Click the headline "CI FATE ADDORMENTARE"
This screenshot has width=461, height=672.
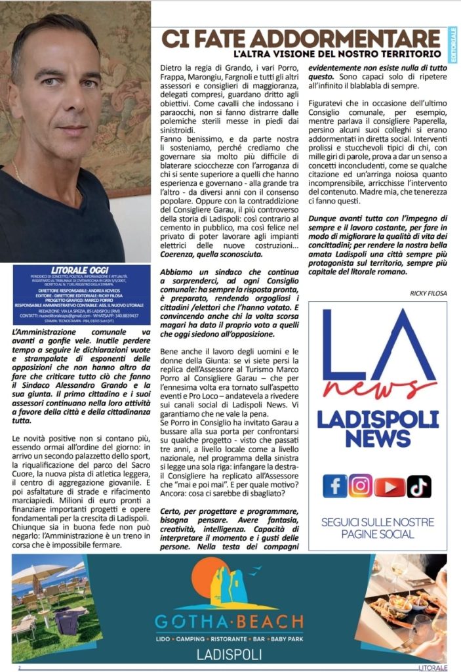pyautogui.click(x=301, y=37)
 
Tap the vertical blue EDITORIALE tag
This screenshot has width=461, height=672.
pyautogui.click(x=453, y=45)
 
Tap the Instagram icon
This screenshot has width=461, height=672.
pyautogui.click(x=361, y=486)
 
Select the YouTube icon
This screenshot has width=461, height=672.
pyautogui.click(x=390, y=486)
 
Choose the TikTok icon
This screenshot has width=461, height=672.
pyautogui.click(x=419, y=486)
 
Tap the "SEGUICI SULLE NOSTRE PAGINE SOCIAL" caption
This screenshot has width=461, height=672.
pyautogui.click(x=377, y=528)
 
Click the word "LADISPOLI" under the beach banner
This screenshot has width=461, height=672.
pyautogui.click(x=230, y=654)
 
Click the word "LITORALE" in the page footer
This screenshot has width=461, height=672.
pyautogui.click(x=433, y=667)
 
